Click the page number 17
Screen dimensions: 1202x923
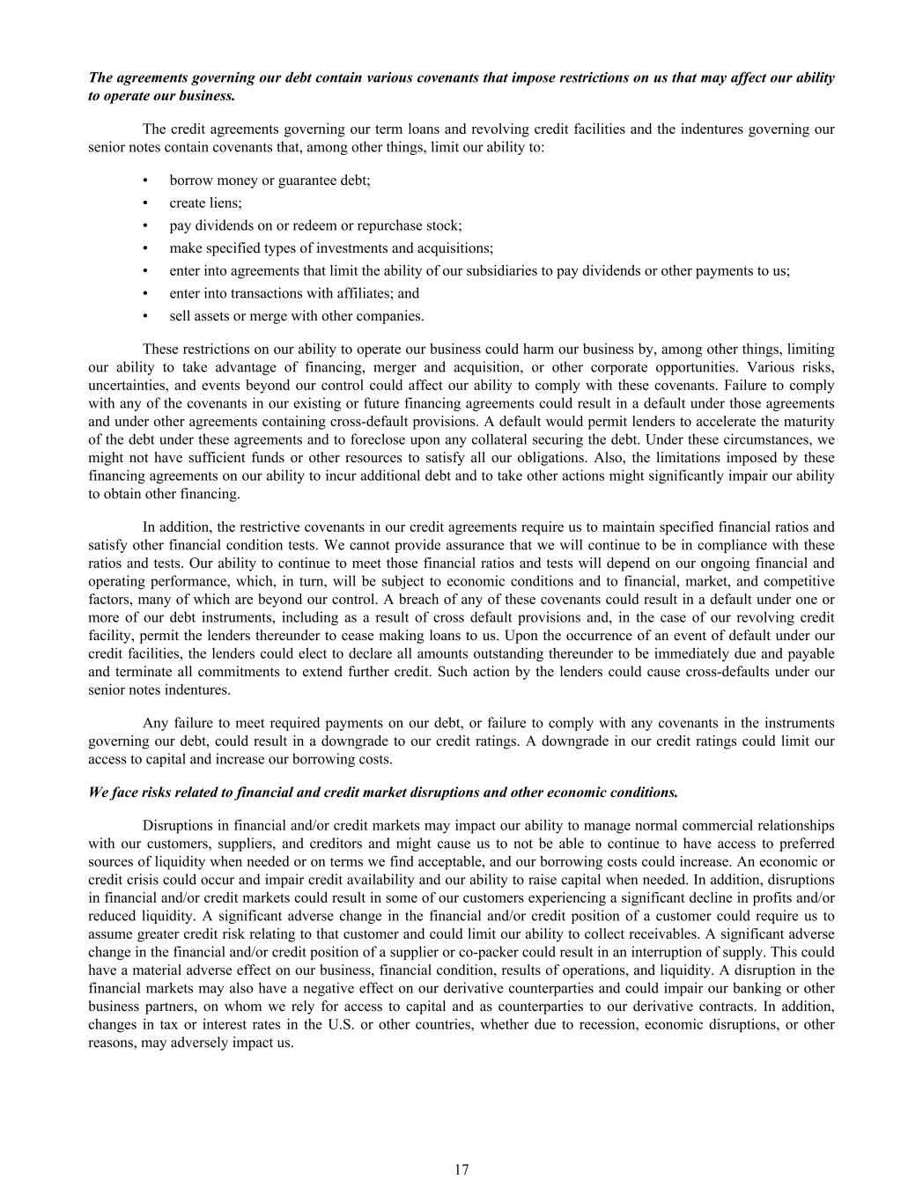(461, 1169)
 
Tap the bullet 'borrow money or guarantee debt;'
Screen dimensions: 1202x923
(270, 180)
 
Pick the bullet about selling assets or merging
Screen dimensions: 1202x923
(296, 316)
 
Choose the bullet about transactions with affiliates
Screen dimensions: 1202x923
(294, 293)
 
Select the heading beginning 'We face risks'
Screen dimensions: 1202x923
(383, 792)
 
